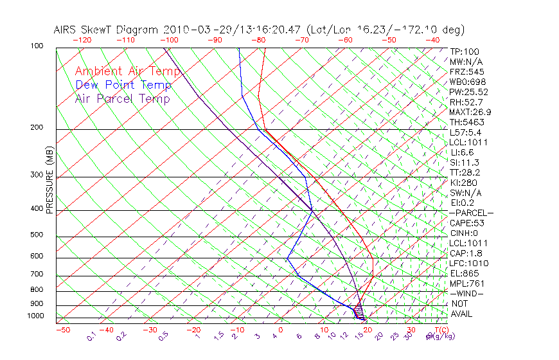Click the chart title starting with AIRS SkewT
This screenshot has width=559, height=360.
(259, 30)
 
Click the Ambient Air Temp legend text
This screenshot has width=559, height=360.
(128, 71)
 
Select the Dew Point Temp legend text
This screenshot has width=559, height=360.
(123, 85)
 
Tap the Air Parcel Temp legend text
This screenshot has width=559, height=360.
(123, 98)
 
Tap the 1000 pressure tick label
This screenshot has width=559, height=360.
(36, 316)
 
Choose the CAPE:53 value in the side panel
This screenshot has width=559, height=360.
(466, 223)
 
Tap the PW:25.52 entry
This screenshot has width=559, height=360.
(469, 92)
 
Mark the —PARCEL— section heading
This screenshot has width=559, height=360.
(472, 213)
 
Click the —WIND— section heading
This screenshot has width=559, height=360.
(466, 293)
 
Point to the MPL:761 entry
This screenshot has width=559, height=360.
(466, 283)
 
